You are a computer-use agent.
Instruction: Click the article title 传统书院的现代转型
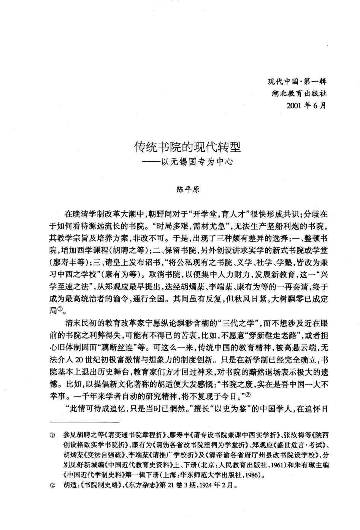tap(188, 147)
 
